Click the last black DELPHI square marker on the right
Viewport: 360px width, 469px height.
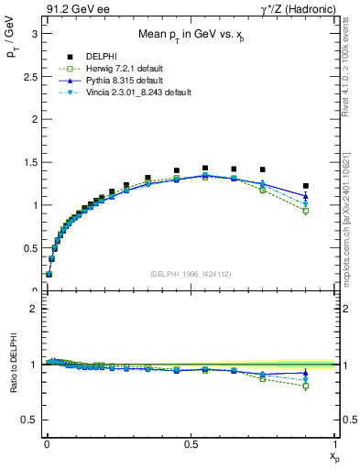click(x=306, y=186)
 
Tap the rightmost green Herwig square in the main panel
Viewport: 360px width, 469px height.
click(x=306, y=211)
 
